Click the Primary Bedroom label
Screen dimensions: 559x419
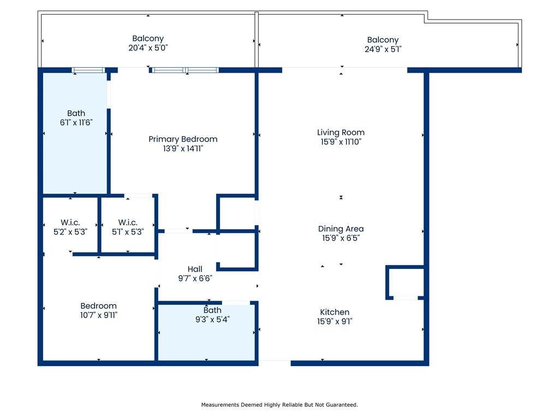[183, 139]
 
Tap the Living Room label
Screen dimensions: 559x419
[341, 133]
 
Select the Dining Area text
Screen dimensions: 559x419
[341, 229]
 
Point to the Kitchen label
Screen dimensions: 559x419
[335, 312]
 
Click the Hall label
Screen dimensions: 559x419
[195, 269]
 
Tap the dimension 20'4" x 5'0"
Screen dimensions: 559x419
[148, 48]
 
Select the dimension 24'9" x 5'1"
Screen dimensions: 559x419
[383, 49]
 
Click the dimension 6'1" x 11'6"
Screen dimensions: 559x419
[76, 123]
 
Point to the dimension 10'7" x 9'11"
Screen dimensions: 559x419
[99, 315]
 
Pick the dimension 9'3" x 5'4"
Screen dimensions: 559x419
[212, 320]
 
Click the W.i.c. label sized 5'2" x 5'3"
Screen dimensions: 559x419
[70, 223]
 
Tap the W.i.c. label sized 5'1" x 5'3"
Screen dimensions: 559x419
[128, 223]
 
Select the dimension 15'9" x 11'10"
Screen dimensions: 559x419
[341, 142]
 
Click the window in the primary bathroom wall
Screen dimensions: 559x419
[88, 70]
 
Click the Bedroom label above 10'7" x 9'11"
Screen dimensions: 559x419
[98, 306]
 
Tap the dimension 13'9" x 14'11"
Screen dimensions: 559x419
[183, 148]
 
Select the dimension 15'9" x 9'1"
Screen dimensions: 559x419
[335, 321]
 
